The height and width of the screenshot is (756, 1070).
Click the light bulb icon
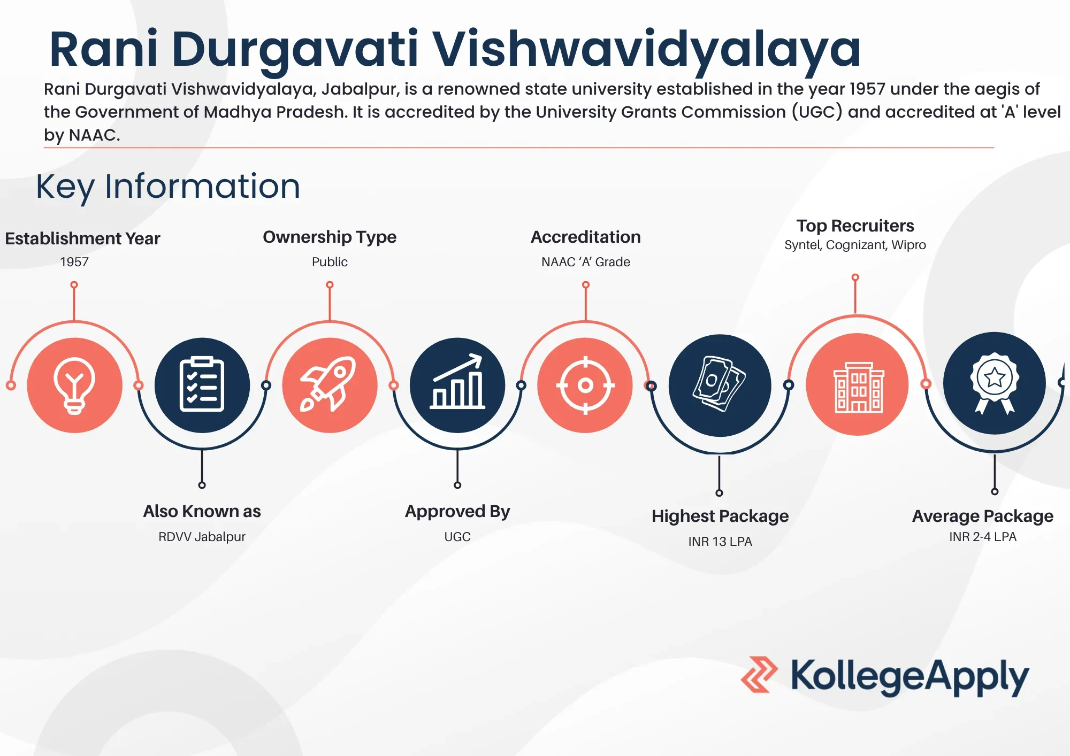[74, 385]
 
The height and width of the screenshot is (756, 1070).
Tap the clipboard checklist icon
[202, 384]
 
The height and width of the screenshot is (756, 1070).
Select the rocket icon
[328, 384]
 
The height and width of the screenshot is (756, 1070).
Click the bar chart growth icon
[457, 382]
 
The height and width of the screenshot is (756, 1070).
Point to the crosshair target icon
[585, 385]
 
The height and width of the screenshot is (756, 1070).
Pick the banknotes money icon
[719, 383]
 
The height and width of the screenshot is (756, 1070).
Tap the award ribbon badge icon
[995, 383]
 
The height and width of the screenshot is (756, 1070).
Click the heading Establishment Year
[82, 238]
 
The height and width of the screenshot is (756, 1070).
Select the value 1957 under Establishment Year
[74, 262]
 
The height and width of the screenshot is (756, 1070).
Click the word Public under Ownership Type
[330, 262]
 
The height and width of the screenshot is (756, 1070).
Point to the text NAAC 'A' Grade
[586, 262]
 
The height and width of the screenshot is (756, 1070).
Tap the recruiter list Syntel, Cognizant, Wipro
[855, 245]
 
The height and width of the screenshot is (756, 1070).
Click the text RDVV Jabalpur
[202, 537]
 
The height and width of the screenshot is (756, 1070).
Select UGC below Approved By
[457, 537]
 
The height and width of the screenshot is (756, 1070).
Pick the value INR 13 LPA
[720, 542]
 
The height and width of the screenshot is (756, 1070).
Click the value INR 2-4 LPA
[983, 537]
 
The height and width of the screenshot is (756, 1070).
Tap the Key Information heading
[168, 187]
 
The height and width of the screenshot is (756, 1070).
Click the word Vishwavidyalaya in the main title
[646, 49]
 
